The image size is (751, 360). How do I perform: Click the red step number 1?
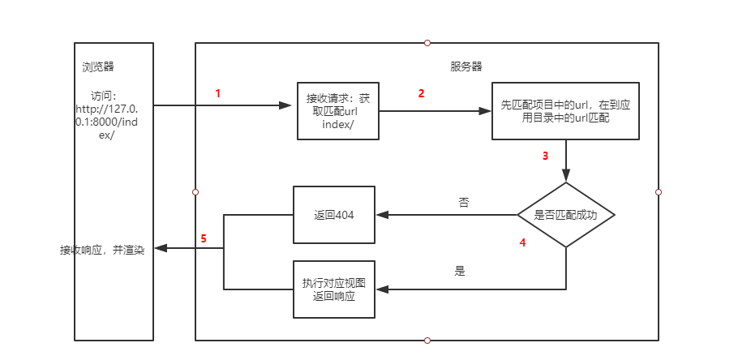(x=217, y=93)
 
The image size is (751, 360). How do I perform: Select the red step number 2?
(x=421, y=93)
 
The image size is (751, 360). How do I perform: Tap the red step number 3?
(x=546, y=156)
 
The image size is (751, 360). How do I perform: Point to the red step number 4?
(x=522, y=242)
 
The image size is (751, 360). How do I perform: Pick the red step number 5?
(x=204, y=238)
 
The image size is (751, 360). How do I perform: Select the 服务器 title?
(x=466, y=66)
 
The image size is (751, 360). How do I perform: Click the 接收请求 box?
(x=337, y=111)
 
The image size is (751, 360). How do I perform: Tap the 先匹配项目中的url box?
(x=565, y=111)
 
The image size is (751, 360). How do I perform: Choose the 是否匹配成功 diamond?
(x=566, y=216)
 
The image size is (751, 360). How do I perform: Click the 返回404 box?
(x=333, y=216)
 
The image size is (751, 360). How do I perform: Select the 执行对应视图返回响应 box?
(x=333, y=289)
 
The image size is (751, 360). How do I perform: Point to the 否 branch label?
(x=463, y=202)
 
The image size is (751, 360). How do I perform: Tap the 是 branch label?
(x=460, y=272)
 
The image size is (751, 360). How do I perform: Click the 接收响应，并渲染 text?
(x=101, y=250)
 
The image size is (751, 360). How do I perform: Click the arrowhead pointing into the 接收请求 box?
(x=285, y=105)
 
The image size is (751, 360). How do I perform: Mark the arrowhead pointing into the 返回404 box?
(x=382, y=216)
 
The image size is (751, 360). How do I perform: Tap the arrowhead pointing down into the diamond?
(x=566, y=175)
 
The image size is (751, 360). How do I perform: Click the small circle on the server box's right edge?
(x=659, y=192)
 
